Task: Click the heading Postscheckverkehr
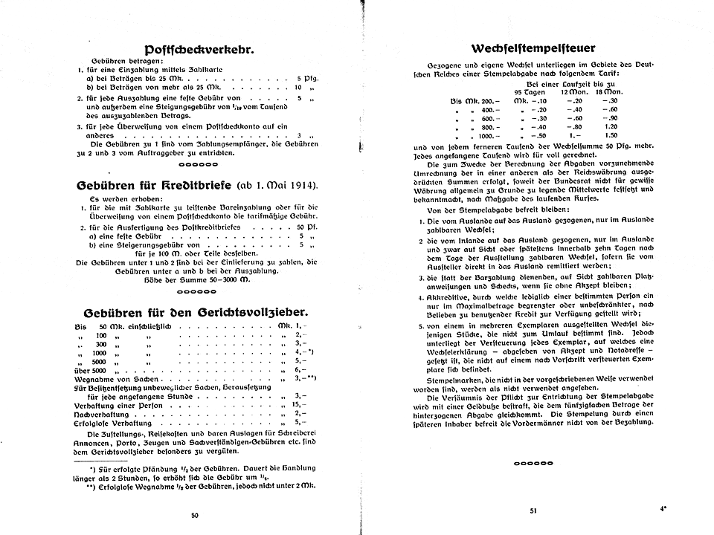193,51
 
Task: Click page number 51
533,510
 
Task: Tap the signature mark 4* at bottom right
662,509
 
